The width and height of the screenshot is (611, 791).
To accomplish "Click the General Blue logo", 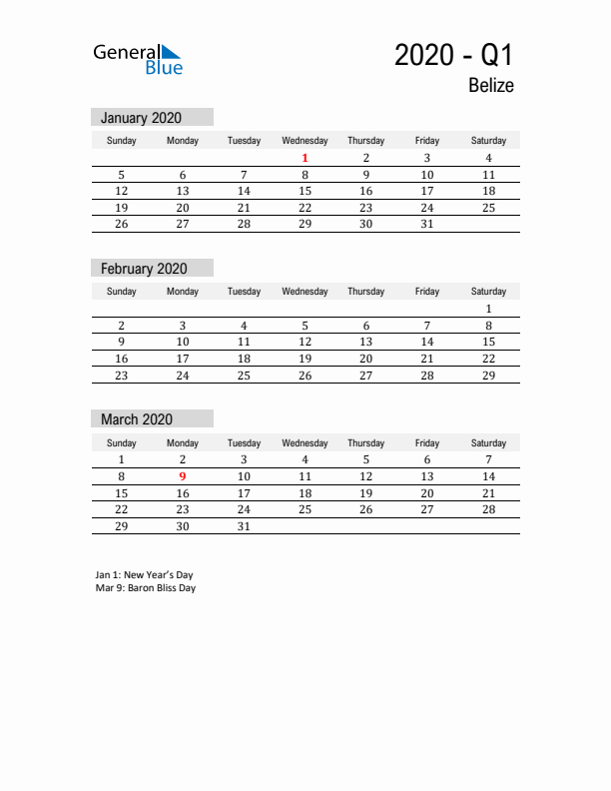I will (138, 59).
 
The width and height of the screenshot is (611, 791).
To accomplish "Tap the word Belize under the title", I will (491, 86).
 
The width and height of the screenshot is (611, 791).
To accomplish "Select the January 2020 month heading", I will (141, 117).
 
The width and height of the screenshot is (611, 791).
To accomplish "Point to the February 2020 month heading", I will (144, 268).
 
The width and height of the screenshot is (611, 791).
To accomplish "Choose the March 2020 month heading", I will (137, 419).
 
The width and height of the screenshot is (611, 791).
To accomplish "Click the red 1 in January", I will (305, 158).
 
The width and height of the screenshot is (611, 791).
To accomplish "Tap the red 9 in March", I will (182, 476).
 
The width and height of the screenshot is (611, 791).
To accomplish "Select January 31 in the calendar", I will (426, 225).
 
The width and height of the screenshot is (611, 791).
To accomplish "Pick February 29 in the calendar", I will (488, 376).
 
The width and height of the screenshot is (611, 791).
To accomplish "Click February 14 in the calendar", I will (426, 342).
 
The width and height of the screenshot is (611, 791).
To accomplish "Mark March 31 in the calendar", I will (244, 526).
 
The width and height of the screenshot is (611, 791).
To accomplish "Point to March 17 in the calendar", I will (244, 493).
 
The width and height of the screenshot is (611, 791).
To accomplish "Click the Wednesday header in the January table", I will (305, 141).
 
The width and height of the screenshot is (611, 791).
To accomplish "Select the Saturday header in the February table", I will (488, 292).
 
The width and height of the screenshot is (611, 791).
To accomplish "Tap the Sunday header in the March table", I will (122, 443).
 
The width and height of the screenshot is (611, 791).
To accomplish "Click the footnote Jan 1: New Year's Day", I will (144, 575).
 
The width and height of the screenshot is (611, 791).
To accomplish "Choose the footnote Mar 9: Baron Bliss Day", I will (146, 588).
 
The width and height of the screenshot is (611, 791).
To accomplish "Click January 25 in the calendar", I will (488, 208).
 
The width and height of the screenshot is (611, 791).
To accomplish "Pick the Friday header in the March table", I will (426, 443).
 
